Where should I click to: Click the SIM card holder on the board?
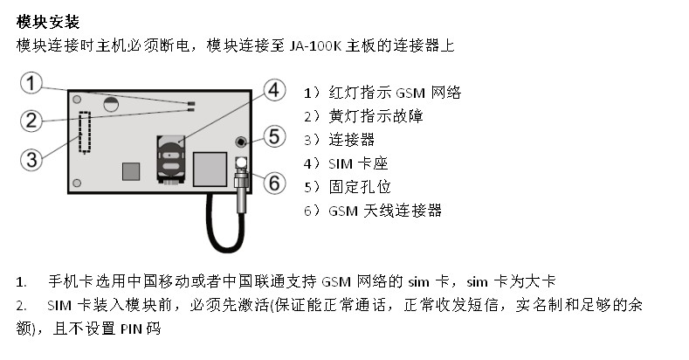(x=169, y=159)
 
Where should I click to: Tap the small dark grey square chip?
(x=131, y=171)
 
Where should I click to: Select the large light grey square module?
(x=210, y=169)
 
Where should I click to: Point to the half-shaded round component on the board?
(x=111, y=104)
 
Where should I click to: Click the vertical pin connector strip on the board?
(x=85, y=132)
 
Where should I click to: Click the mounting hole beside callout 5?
(x=241, y=142)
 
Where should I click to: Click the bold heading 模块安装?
(x=48, y=22)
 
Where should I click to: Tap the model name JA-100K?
(x=315, y=45)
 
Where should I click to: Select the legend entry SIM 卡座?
(x=358, y=163)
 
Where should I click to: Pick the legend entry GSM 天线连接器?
(x=385, y=211)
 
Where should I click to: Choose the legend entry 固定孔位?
(x=360, y=187)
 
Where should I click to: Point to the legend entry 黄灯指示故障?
(x=376, y=116)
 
